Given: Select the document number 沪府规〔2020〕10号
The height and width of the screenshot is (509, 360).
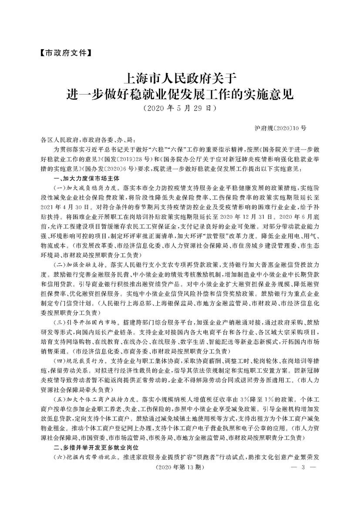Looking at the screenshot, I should click(x=280, y=128).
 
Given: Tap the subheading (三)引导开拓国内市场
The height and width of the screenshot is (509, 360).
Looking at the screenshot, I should click(x=84, y=321).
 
